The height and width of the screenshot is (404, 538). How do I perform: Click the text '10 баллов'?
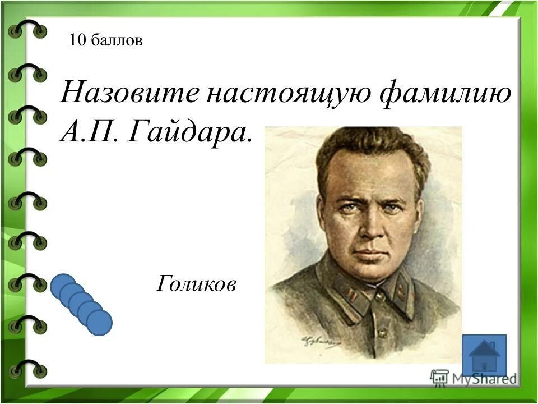click(106, 40)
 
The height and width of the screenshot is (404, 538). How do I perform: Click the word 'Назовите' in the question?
click(129, 92)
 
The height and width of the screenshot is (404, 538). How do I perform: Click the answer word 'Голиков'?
click(196, 285)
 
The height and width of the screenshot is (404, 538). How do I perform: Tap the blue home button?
click(484, 355)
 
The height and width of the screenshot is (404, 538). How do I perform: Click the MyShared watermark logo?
click(474, 378)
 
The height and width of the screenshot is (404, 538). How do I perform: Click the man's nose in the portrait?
click(370, 230)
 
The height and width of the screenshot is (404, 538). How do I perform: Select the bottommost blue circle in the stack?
click(99, 323)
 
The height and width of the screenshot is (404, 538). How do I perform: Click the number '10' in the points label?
click(77, 40)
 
